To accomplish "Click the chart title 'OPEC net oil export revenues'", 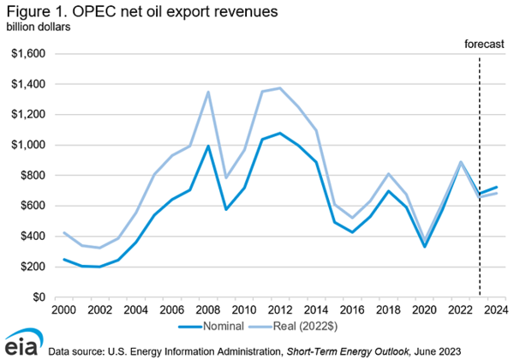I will (x=153, y=11).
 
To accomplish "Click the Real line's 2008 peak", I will (x=208, y=92).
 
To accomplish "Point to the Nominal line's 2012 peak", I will (x=279, y=133).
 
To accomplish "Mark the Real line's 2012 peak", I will (x=279, y=88).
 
